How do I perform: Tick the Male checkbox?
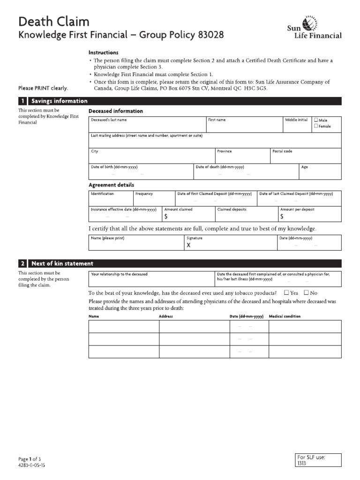point(316,120)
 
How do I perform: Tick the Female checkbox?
point(316,126)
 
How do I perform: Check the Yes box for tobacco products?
point(286,292)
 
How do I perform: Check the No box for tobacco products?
point(307,292)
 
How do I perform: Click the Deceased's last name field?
point(147,125)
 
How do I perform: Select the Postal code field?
point(306,156)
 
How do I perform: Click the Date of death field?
point(246,172)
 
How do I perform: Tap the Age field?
point(320,172)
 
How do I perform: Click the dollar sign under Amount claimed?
point(165,217)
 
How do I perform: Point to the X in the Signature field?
point(188,245)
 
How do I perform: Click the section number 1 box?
point(22,101)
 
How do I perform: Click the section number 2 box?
point(22,263)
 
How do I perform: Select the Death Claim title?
point(53,22)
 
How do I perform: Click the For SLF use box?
point(318,460)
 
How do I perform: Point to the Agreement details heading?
point(111,185)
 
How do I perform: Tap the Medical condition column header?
point(285,316)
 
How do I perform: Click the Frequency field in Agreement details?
point(153,198)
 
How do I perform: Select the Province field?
point(242,156)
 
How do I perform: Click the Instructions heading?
point(104,52)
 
